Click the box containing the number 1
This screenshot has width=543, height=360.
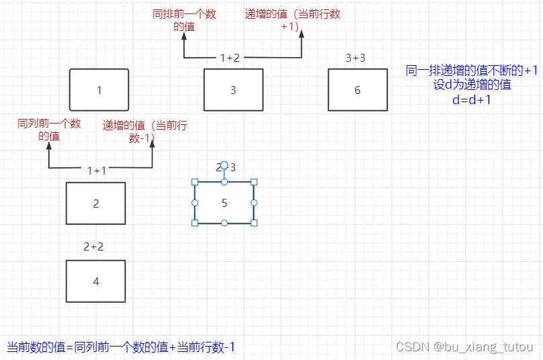click(99, 90)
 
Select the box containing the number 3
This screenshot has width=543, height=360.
click(233, 90)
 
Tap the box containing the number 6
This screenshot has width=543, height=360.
click(358, 90)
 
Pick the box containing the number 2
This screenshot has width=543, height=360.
click(95, 204)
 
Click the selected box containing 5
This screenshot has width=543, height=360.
click(224, 202)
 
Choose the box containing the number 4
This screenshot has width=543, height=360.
click(95, 281)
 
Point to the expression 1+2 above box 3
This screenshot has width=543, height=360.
click(230, 58)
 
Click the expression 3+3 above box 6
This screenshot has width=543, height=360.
click(356, 58)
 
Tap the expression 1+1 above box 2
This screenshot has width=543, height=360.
click(97, 171)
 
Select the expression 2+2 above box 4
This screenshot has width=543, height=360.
click(93, 247)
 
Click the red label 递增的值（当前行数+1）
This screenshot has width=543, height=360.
click(277, 19)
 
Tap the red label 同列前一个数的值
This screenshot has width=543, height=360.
click(49, 130)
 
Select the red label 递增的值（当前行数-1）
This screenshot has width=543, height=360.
click(144, 131)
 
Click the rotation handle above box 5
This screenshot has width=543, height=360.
click(224, 165)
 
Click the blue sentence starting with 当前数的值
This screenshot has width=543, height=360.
click(121, 347)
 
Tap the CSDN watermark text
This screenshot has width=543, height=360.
click(464, 347)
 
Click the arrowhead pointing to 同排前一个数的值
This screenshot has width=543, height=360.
click(183, 37)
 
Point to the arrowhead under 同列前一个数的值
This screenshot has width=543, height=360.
click(48, 146)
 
